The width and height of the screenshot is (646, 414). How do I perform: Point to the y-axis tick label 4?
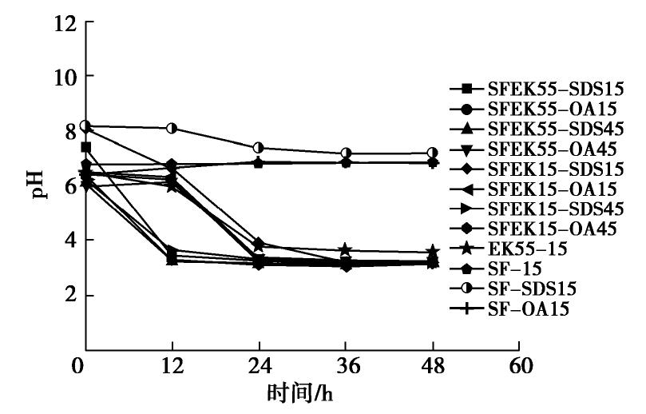[68, 241]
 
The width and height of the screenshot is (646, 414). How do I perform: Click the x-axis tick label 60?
[519, 368]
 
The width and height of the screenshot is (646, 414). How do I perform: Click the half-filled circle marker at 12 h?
[172, 128]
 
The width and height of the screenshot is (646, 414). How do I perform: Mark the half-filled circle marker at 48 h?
[432, 153]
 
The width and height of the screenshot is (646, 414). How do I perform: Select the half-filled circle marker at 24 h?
[259, 148]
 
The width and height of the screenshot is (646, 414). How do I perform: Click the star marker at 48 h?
[432, 253]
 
